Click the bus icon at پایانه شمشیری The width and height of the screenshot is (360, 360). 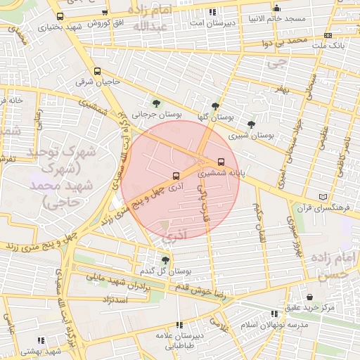pos(222,161)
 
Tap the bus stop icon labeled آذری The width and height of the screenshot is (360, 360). pos(174,176)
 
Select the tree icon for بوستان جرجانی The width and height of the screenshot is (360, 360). pos(155,103)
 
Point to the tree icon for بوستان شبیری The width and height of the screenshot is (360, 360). pos(251,124)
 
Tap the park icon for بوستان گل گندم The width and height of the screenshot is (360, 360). pos(165,260)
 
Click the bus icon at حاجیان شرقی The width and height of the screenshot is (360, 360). pos(97,70)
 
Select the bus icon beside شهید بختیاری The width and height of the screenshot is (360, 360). pos(59,15)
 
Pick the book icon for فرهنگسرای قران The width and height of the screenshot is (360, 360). pos(323,197)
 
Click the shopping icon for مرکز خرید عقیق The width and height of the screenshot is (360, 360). pos(309,296)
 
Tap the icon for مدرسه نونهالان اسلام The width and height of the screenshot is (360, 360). pos(274,314)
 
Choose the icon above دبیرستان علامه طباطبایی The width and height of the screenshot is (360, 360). pos(180,325)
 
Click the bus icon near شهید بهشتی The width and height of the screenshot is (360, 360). pos(46,338)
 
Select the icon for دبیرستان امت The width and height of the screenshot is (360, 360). pos(212,12)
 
